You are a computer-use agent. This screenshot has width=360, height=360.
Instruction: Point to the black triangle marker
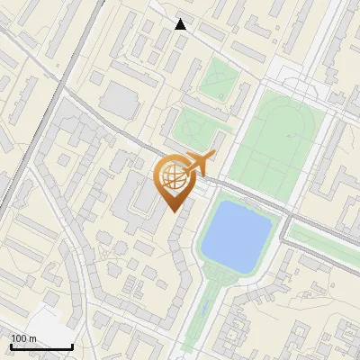[181, 24]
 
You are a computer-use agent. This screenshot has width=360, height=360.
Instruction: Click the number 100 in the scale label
[19, 338]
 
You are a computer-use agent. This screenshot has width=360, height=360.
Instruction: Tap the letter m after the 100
[31, 338]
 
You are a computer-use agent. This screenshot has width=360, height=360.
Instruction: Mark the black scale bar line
[41, 346]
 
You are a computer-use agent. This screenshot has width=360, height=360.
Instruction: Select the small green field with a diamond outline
[216, 79]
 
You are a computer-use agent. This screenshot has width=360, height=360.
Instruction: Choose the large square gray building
[118, 100]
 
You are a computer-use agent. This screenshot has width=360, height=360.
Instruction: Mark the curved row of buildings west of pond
[184, 261]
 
